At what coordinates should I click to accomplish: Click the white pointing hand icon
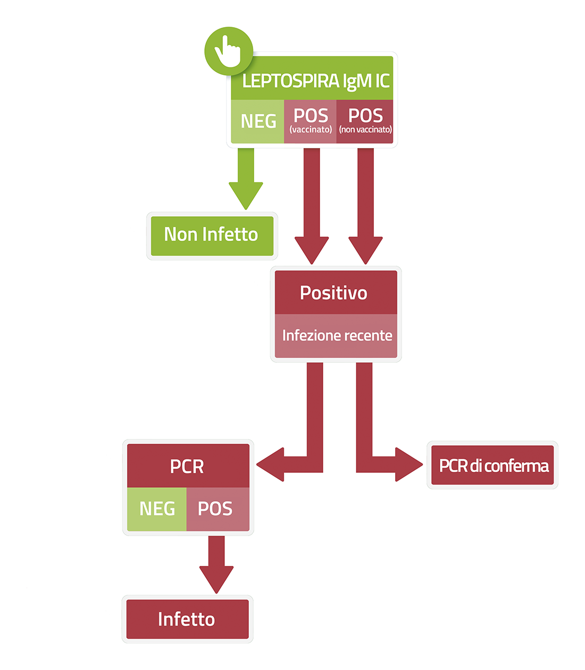227,52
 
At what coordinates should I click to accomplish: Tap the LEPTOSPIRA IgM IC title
315,81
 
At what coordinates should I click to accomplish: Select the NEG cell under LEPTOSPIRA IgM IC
257,122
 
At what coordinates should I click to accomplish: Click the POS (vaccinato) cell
310,122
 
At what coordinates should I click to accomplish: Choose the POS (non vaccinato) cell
365,122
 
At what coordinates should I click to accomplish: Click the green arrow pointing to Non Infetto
246,179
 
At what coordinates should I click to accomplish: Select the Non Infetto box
212,236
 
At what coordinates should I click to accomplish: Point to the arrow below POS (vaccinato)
312,206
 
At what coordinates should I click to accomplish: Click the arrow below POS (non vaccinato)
365,206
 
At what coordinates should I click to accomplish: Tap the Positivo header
336,292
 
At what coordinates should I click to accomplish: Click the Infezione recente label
337,335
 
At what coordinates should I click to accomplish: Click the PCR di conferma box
492,465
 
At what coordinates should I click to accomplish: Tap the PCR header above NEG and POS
188,465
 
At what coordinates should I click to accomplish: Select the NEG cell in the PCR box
157,509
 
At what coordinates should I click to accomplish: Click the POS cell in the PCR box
218,509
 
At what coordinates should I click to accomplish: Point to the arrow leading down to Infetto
216,565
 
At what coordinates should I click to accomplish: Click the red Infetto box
187,619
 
